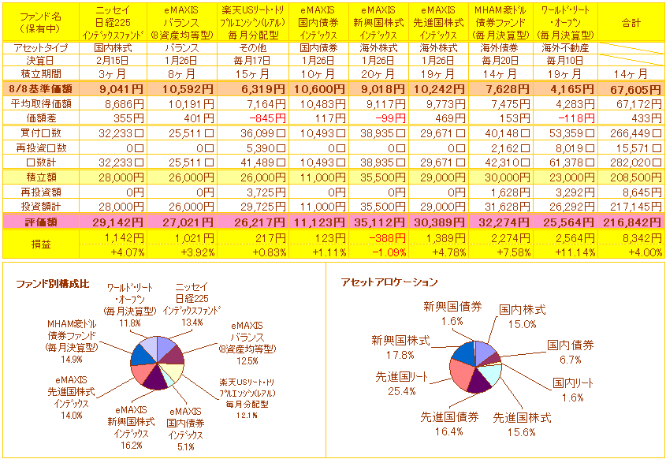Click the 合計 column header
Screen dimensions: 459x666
[x=631, y=23]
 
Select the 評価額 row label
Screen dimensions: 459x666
[x=39, y=222]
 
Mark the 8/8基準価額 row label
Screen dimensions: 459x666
[x=39, y=89]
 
